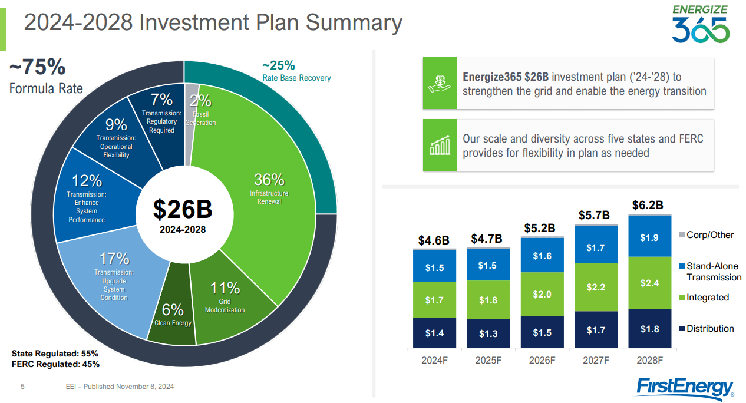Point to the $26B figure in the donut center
click(183, 209)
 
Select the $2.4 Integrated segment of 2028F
click(649, 283)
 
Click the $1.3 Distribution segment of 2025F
click(488, 333)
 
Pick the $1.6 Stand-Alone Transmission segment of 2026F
click(542, 256)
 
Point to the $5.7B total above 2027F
click(594, 216)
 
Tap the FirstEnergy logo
click(685, 387)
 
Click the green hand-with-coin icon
click(440, 83)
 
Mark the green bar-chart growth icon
click(440, 146)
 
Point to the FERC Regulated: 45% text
click(55, 364)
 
